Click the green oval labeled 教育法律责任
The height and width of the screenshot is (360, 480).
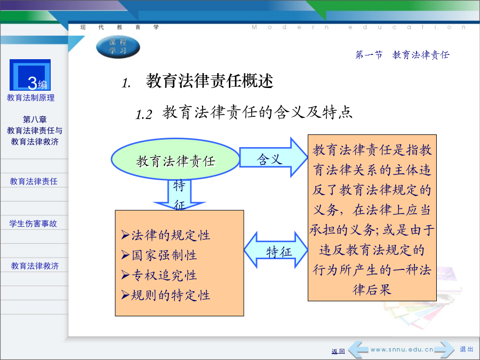tap(175, 159)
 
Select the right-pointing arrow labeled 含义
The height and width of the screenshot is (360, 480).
tap(274, 157)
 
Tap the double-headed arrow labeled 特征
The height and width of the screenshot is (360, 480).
tap(276, 250)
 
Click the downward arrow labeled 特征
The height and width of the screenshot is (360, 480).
tap(179, 194)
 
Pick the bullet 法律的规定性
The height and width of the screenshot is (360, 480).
tap(165, 235)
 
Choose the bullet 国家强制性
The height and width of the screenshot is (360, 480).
tap(159, 255)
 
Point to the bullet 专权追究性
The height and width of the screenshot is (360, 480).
tap(159, 275)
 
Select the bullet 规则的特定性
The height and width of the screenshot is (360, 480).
tap(165, 295)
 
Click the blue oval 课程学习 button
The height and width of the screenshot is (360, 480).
tap(118, 47)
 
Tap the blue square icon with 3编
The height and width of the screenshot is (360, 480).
tap(30, 75)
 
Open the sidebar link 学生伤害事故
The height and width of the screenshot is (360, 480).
tap(33, 223)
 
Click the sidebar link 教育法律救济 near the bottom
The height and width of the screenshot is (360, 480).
tap(35, 266)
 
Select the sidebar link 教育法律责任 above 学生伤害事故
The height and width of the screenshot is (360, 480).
tap(34, 181)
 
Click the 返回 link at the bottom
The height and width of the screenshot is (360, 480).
tap(338, 351)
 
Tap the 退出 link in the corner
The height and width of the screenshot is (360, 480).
tap(467, 349)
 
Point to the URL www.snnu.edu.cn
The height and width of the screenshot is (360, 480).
tap(402, 349)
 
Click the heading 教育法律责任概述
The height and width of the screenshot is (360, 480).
tap(210, 81)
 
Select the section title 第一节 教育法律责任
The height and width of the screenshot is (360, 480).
tap(402, 55)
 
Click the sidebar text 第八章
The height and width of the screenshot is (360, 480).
tap(35, 119)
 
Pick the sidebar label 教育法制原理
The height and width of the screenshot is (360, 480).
tap(30, 98)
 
